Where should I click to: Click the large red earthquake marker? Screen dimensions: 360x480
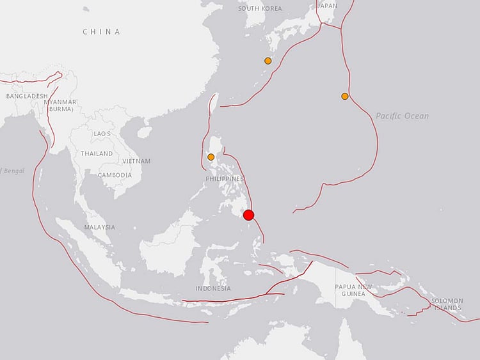(249, 215)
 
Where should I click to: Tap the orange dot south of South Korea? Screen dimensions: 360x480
(268, 61)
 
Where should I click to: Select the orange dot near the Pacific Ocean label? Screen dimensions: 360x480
(345, 97)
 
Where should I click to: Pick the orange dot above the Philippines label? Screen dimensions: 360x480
(211, 157)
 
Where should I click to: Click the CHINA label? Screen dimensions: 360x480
(101, 31)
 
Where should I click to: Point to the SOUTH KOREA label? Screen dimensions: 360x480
(260, 8)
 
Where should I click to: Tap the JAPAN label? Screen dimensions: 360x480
(328, 5)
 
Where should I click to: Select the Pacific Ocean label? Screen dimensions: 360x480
(402, 116)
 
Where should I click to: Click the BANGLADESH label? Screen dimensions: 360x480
(27, 96)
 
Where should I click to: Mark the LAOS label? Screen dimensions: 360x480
(102, 134)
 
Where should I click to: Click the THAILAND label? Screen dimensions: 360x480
(97, 154)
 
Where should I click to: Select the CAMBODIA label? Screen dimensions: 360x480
(115, 175)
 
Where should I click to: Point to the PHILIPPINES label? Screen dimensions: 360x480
(225, 179)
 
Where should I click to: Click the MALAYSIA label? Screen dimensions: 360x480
(100, 227)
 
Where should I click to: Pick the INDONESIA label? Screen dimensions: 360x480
(213, 288)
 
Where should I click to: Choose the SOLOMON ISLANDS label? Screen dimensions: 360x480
(447, 304)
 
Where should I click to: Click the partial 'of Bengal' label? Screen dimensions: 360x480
(12, 170)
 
